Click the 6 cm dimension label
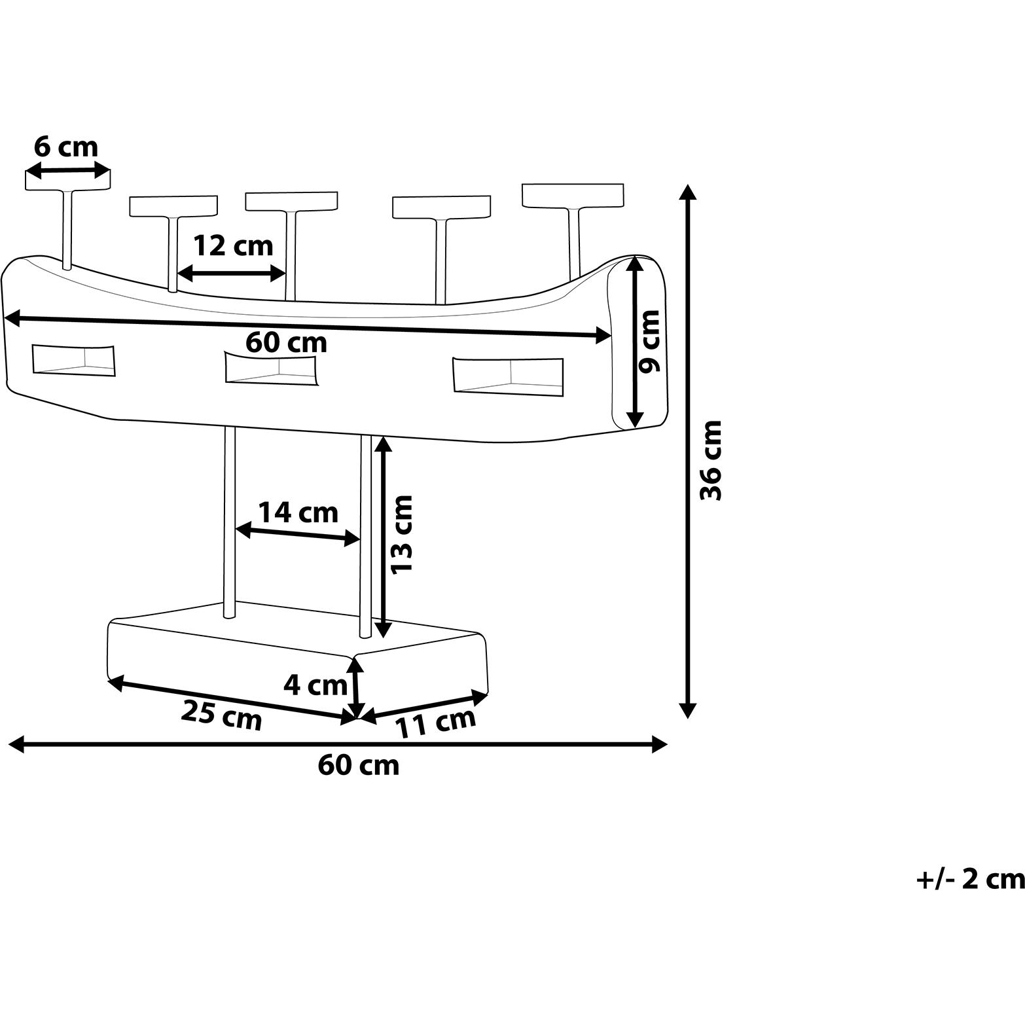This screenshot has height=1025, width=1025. (x=66, y=147)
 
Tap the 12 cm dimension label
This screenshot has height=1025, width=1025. (x=233, y=246)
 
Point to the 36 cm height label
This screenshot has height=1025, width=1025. (x=710, y=460)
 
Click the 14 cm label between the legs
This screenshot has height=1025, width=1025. (x=298, y=512)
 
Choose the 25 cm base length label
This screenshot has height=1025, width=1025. (x=222, y=715)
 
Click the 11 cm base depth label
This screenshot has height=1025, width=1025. (x=435, y=722)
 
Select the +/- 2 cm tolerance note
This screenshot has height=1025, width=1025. (x=970, y=878)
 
